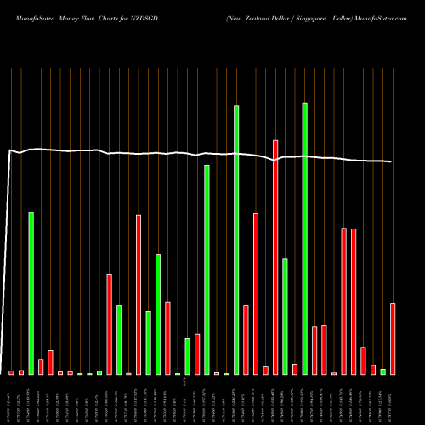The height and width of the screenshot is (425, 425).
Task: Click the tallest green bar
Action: click(x=304, y=238)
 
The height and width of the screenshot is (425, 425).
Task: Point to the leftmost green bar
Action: click(x=31, y=292)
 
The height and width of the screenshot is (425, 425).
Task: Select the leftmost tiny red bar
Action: click(x=12, y=372)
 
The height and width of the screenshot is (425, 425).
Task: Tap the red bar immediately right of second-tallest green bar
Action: click(x=246, y=339)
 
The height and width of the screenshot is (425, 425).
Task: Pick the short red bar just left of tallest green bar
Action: click(x=295, y=369)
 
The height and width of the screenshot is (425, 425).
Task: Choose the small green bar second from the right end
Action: click(x=383, y=371)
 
